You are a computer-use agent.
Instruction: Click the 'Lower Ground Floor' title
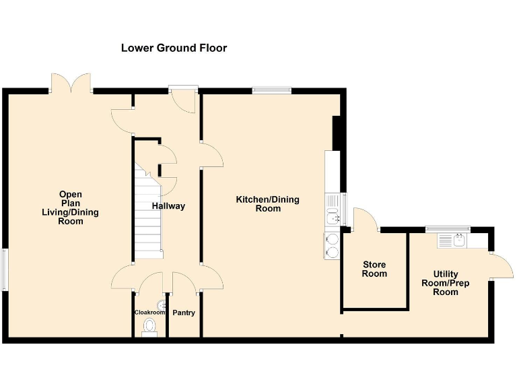pyautogui.click(x=174, y=48)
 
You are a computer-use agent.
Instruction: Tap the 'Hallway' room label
pyautogui.click(x=168, y=206)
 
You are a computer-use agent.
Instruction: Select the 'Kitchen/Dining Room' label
pyautogui.click(x=267, y=203)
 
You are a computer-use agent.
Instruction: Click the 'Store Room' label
pyautogui.click(x=374, y=269)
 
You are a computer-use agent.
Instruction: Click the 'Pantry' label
pyautogui.click(x=184, y=313)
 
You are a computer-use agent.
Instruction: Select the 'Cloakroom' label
pyautogui.click(x=149, y=313)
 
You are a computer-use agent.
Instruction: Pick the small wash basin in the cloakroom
pyautogui.click(x=162, y=305)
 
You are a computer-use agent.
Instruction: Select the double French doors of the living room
pyautogui.click(x=71, y=82)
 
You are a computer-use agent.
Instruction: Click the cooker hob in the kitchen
pyautogui.click(x=332, y=245)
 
